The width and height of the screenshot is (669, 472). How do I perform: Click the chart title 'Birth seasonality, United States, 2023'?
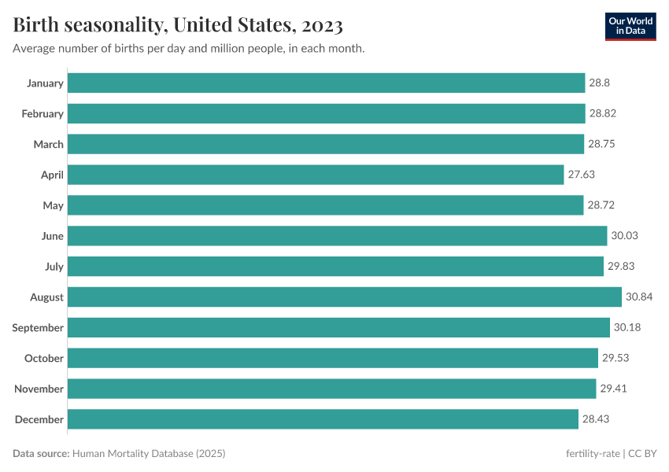point(178,25)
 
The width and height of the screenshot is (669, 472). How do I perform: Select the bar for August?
point(344,297)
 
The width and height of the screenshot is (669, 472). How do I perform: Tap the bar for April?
point(316,175)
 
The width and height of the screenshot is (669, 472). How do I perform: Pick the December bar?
point(323,419)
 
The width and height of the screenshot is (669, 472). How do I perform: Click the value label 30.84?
point(639,297)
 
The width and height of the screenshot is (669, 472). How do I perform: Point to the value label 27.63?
point(582,175)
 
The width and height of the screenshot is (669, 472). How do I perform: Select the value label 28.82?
point(602,114)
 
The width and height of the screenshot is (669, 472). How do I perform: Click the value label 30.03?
point(625,236)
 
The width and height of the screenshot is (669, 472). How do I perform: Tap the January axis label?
point(45,83)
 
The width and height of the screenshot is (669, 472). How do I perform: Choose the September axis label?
point(38,328)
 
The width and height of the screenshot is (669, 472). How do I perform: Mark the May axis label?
point(54,205)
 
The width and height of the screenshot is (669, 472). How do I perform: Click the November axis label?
point(39,389)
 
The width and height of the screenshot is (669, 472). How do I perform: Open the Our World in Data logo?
point(630,26)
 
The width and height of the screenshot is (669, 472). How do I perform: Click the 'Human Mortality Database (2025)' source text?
point(150,454)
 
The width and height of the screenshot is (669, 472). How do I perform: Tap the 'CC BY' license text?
point(643,454)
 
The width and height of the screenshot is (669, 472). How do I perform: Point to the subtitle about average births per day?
point(188,49)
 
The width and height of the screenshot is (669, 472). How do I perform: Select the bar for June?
point(337,236)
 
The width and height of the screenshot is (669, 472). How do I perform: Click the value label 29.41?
point(613,389)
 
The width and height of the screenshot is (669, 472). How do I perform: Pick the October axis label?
point(44,359)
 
